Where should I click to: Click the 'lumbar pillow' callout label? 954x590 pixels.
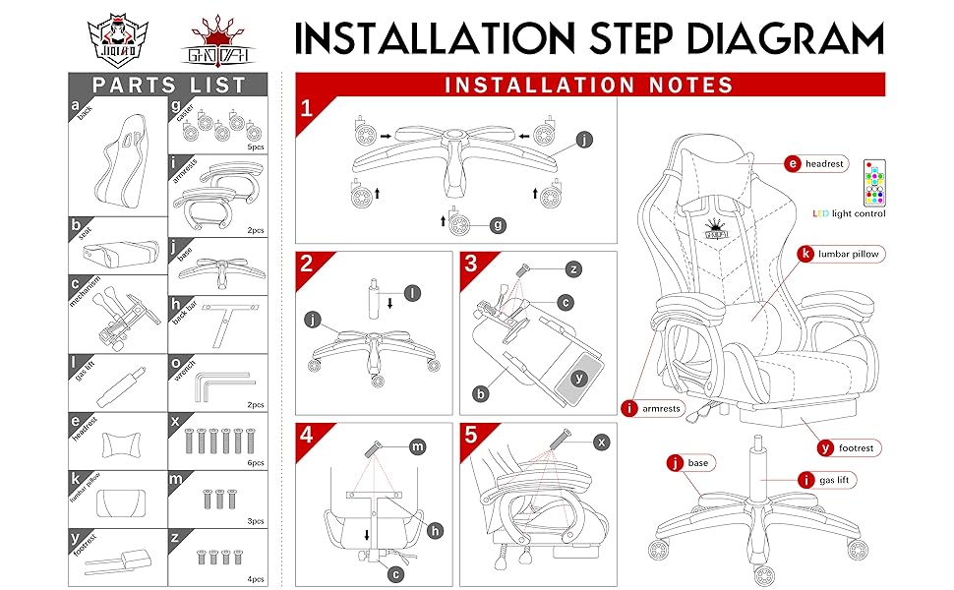pyautogui.click(x=839, y=254)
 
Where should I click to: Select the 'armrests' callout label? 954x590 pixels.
pyautogui.click(x=653, y=408)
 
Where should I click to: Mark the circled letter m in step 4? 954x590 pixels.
pyautogui.click(x=418, y=447)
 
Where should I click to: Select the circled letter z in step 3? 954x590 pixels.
pyautogui.click(x=573, y=268)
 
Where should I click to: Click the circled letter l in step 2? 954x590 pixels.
pyautogui.click(x=412, y=292)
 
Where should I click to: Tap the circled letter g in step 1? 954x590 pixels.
pyautogui.click(x=499, y=225)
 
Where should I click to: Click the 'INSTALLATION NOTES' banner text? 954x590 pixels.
pyautogui.click(x=590, y=85)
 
